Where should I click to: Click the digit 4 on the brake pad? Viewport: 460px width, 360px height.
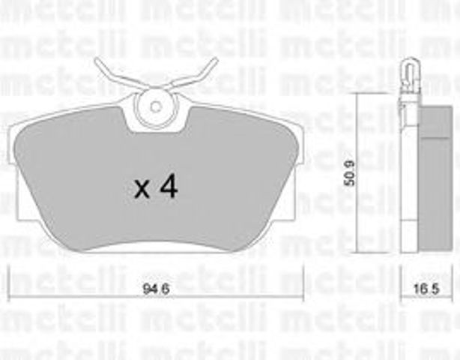(x=169, y=187)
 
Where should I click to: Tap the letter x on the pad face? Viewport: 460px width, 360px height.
(x=142, y=190)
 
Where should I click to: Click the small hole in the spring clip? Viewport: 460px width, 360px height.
(x=155, y=105)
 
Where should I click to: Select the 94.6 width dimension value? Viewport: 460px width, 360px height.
(x=155, y=284)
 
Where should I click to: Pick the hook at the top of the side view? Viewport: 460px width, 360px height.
(x=408, y=71)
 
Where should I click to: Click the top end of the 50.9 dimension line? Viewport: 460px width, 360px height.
(x=357, y=92)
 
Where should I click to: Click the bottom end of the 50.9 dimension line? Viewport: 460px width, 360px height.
(x=357, y=252)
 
